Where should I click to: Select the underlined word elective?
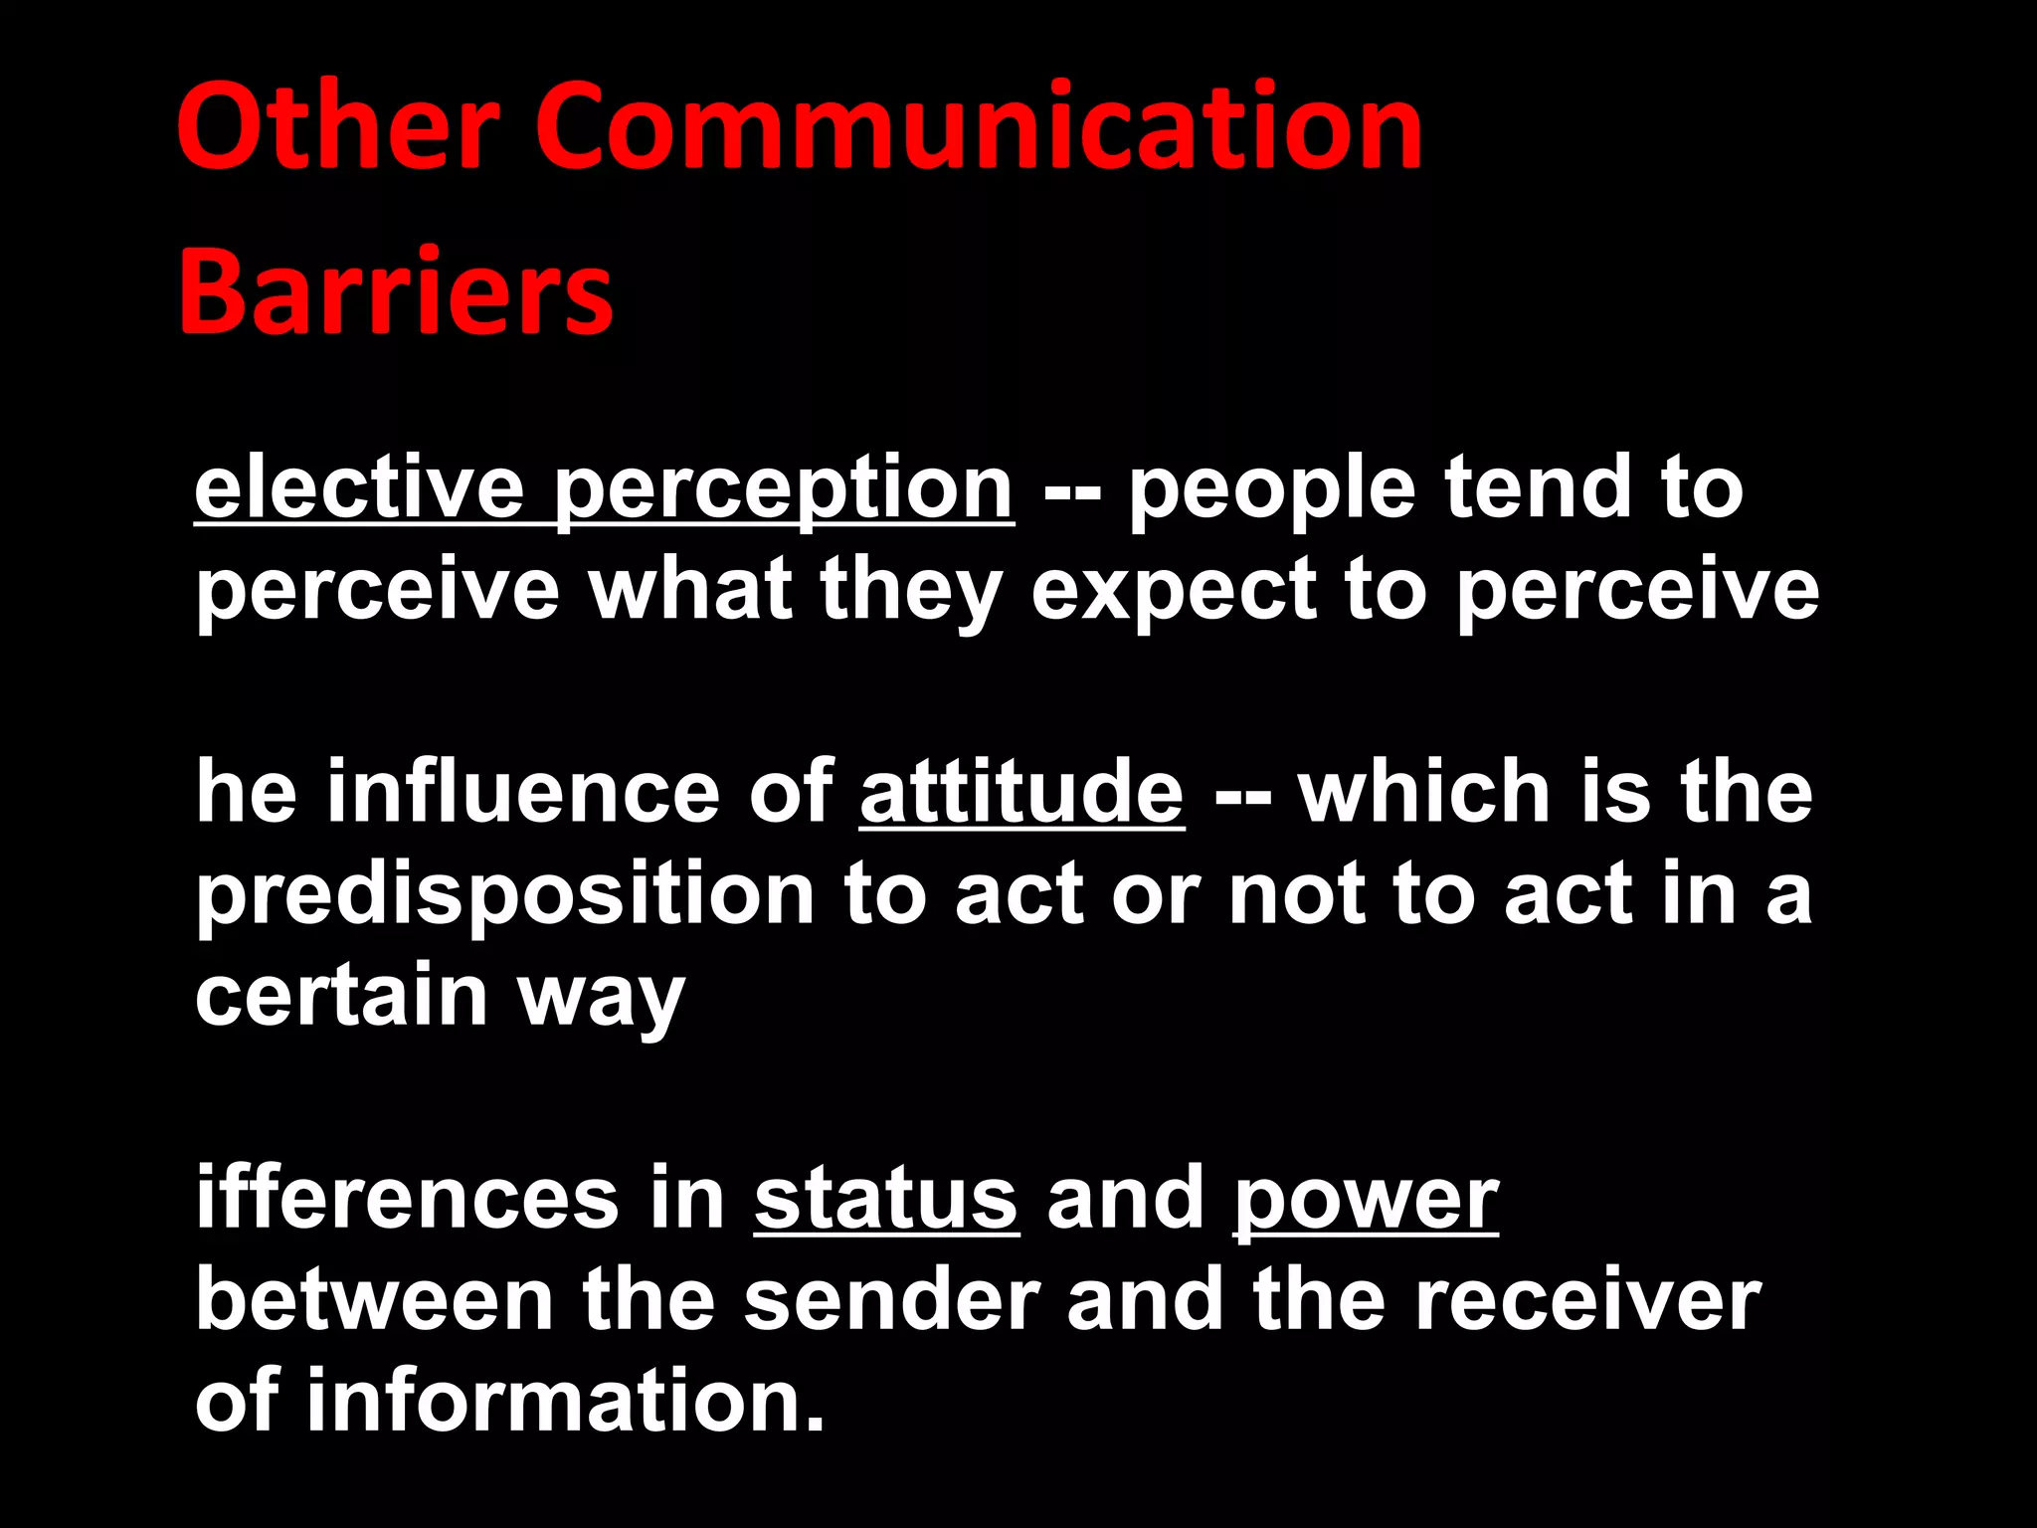coord(359,489)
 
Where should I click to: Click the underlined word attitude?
coord(1021,793)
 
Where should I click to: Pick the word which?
coord(1424,793)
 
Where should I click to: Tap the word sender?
coord(891,1301)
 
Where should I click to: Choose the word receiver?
coord(1587,1301)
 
